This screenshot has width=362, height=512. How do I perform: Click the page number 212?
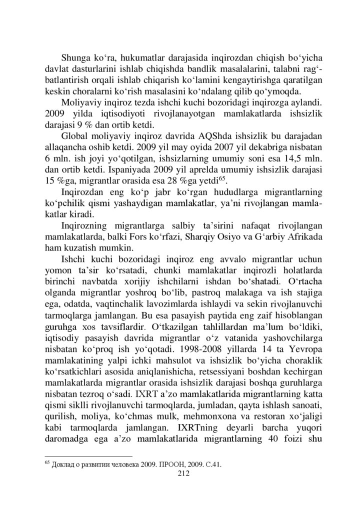(x=181, y=475)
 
